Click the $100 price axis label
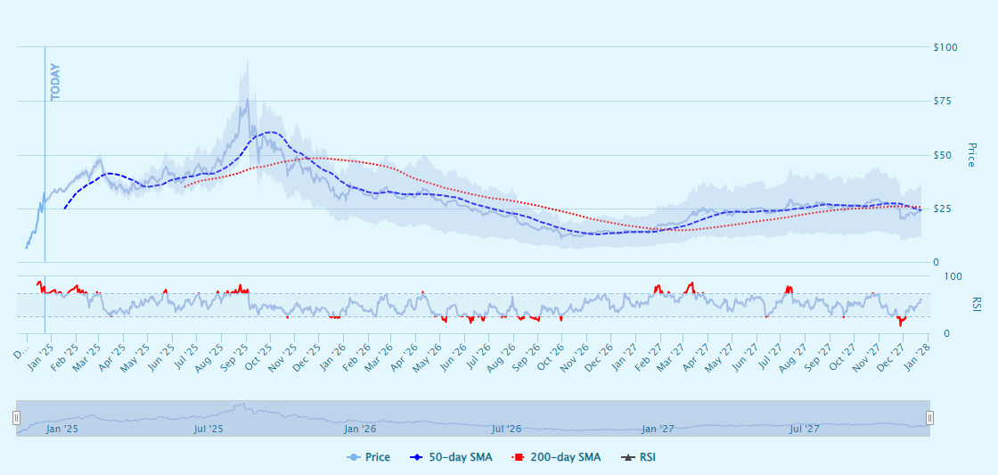tap(945, 46)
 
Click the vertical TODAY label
tap(56, 82)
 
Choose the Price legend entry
tap(368, 457)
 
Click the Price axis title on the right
tap(971, 154)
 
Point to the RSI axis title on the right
tap(976, 304)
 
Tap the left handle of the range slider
tap(16, 418)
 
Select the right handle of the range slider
tap(929, 418)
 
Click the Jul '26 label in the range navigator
tap(506, 429)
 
